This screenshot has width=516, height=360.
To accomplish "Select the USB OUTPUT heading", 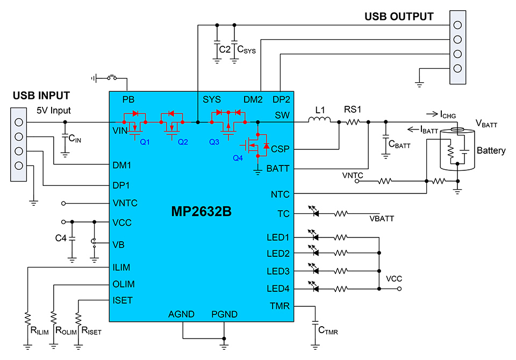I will (399, 17).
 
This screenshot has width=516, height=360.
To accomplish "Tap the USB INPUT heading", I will (41, 96).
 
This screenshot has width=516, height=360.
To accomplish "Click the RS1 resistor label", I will (353, 110).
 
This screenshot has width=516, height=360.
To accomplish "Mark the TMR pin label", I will (280, 306).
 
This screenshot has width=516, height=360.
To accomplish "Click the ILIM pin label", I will (122, 267).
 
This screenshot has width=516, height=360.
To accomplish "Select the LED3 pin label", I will (278, 271).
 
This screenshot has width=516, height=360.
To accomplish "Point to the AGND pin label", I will (181, 314).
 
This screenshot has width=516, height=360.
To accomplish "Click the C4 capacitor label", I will (62, 237).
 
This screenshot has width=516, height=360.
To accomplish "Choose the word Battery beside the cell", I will (491, 151).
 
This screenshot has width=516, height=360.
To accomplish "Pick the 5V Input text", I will (54, 111).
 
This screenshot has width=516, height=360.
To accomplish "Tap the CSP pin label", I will (281, 148).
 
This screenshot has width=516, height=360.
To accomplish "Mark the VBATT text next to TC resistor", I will (382, 219).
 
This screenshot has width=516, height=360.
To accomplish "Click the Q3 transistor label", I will (214, 142).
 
